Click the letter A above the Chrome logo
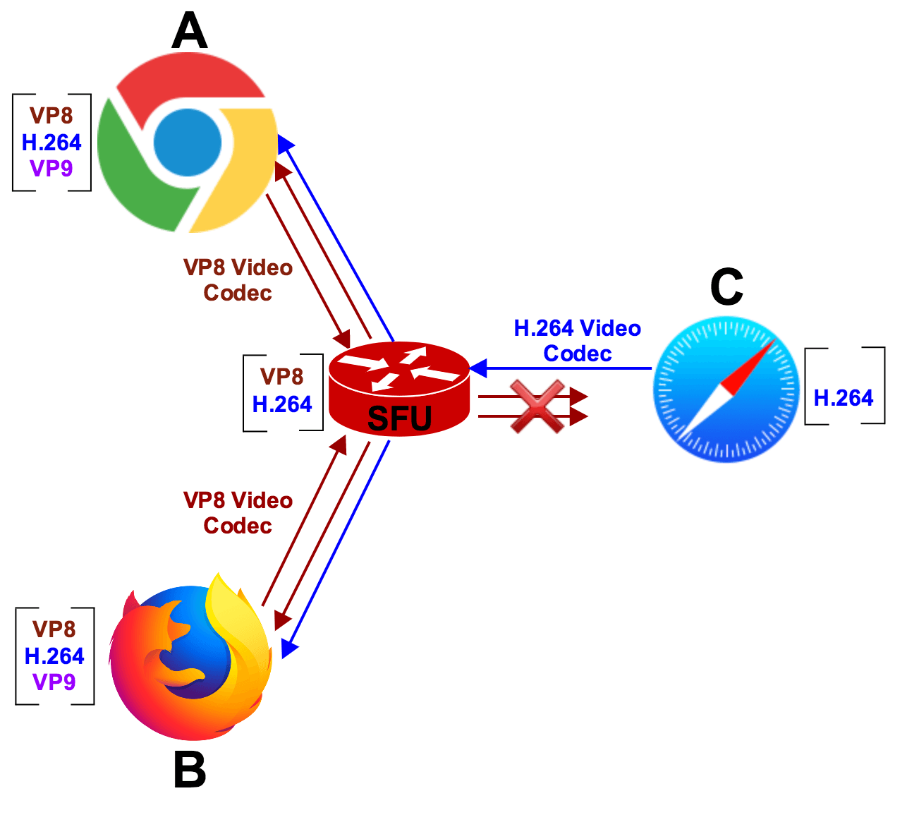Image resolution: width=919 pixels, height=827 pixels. pos(189,32)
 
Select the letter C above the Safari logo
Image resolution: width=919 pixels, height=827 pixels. pos(726,286)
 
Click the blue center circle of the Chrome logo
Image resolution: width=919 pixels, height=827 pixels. pos(187,143)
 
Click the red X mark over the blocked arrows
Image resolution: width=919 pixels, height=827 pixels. pos(537,406)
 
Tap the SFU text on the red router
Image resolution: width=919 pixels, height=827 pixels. pos(399,418)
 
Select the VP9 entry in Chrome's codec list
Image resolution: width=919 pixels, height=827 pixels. pos(51,169)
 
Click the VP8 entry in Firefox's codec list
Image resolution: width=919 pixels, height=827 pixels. pos(54,629)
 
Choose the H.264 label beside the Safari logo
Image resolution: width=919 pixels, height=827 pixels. pos(844,398)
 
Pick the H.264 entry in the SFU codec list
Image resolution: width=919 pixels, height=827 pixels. pos(282,404)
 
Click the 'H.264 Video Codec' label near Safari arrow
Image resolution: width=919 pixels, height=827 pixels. pos(577,341)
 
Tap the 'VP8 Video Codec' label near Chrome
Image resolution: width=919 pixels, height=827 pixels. pos(238,280)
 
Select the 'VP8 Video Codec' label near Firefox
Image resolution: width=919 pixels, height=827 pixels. pos(238,513)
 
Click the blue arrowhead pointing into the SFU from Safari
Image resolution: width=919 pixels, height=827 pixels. pos(479,368)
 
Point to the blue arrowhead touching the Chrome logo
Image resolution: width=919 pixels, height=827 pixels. pos(285,145)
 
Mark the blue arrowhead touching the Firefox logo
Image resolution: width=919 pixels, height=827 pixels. pos(288,649)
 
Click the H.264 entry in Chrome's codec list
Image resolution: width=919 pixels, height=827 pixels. pos(51,143)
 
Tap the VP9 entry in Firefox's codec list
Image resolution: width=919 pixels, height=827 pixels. pos(54,682)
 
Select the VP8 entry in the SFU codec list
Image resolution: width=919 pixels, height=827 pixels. pos(282,377)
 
